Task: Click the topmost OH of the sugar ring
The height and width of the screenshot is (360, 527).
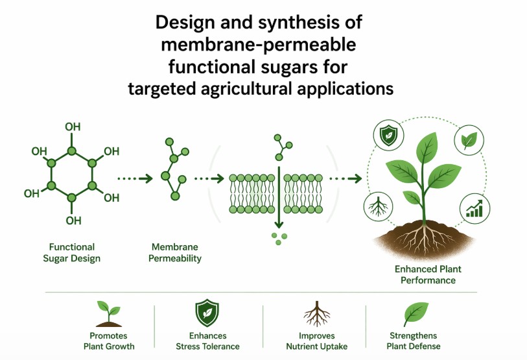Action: tap(73, 125)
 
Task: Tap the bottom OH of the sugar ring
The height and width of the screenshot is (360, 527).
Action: tap(73, 221)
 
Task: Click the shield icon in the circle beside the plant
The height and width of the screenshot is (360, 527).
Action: tap(387, 136)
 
